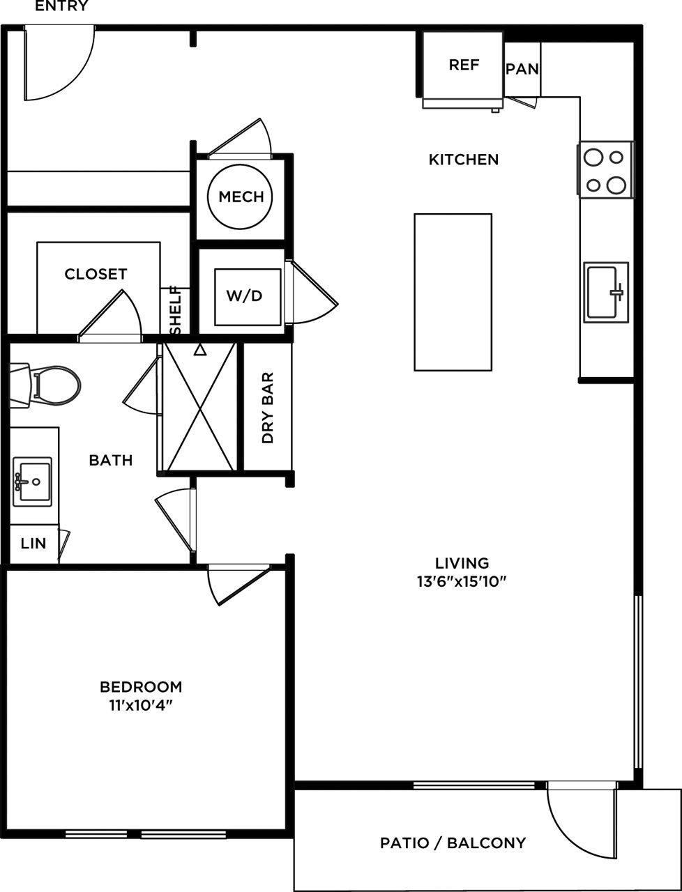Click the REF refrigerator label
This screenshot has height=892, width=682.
pos(464,65)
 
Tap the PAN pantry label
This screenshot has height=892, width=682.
pos(522,69)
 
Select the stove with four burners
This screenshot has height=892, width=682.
pos(605,170)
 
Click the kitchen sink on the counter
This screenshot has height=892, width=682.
pos(605,292)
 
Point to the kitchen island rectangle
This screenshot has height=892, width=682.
pos(453,292)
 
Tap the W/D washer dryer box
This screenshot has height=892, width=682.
pos(244,295)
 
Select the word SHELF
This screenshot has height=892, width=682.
pos(175,309)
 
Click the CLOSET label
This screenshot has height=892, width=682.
pos(96,274)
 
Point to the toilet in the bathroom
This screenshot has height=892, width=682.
pos(46,385)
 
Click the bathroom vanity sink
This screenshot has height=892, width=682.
pos(32,480)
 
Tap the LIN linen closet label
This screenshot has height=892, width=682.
pos(33,544)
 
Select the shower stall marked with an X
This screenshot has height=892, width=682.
pos(201,408)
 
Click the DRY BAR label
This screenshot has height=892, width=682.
pos(268,408)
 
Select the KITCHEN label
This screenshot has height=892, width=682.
pos(464,160)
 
